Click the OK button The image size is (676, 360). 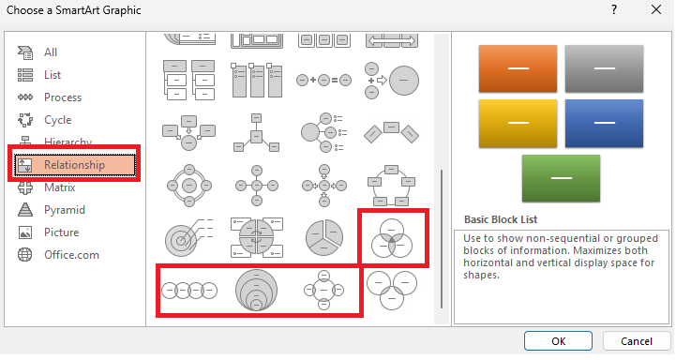coord(558,341)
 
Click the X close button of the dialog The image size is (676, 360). coord(656,10)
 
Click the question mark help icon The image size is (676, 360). coord(614,9)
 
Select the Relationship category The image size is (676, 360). coord(75,165)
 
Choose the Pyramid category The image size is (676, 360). coord(65,210)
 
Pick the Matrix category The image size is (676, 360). coord(59,187)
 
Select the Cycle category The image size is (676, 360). coord(57,120)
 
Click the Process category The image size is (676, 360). coord(63,97)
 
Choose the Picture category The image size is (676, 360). coord(61,232)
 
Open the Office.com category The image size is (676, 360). coord(71,255)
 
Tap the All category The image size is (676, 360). coord(50,52)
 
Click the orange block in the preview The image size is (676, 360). coord(518,68)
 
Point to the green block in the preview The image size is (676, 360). coord(561,178)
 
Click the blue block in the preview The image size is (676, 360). coord(604,124)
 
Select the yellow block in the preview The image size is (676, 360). coord(518,124)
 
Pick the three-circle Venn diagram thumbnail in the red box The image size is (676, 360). coord(392,238)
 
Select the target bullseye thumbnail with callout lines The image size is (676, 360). coord(188,238)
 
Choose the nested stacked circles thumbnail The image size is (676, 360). coord(257,290)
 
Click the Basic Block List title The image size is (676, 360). coord(501,219)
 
